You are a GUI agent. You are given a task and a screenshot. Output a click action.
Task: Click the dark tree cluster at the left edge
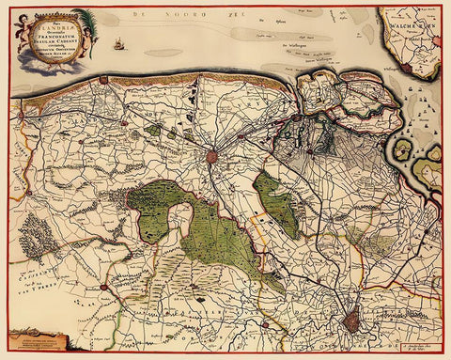pos(36,232)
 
